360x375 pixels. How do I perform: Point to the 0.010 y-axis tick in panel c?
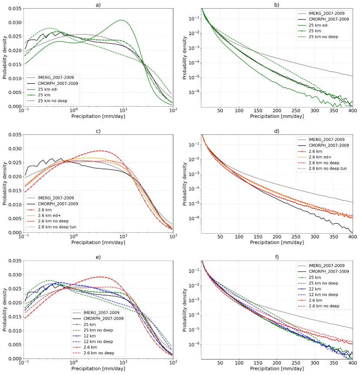coord(13,204)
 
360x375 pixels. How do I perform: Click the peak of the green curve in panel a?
coord(122,20)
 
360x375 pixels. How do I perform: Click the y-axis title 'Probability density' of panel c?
coord(4,183)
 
